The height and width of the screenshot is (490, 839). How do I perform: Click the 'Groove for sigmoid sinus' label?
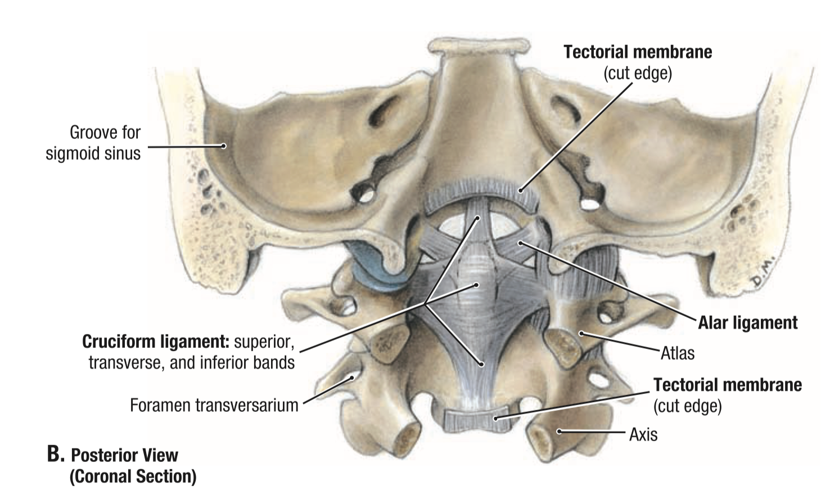(x=93, y=143)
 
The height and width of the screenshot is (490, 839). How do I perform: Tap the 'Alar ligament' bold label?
(x=747, y=323)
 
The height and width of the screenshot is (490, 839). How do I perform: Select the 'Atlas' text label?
(x=678, y=353)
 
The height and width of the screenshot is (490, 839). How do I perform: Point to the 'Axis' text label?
(x=643, y=434)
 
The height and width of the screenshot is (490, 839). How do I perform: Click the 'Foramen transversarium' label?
(x=214, y=405)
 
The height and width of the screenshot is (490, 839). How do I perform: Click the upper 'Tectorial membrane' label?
(x=638, y=52)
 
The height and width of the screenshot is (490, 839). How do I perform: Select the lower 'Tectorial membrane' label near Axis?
(x=727, y=385)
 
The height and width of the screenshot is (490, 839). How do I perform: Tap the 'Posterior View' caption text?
(x=124, y=455)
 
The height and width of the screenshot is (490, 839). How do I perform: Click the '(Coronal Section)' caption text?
(x=133, y=477)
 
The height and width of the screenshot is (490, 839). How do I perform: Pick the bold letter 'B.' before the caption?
(x=55, y=455)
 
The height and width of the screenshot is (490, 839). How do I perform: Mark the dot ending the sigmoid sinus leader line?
(x=224, y=146)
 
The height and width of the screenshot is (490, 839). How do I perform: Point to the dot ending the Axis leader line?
(x=559, y=432)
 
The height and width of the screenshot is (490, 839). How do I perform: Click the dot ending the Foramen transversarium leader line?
(x=353, y=378)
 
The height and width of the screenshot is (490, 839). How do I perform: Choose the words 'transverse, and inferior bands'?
(x=191, y=363)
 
